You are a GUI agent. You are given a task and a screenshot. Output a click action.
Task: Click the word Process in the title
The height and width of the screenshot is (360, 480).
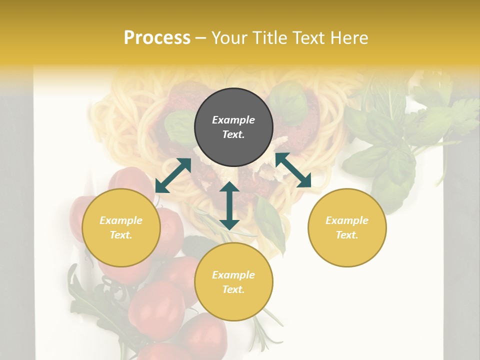[157, 38]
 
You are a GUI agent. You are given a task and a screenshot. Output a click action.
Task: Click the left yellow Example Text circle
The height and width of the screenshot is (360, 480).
[121, 227]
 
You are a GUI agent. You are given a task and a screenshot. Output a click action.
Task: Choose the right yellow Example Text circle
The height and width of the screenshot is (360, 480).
[347, 227]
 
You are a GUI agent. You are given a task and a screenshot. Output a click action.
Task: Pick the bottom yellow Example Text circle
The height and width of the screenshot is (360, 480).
[233, 282]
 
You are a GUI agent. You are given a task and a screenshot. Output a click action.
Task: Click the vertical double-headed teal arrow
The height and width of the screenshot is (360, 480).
[229, 205]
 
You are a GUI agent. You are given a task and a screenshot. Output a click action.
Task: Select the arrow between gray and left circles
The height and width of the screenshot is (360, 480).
[173, 175]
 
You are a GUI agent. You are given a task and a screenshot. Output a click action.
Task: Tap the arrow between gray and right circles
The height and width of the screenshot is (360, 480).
[293, 170]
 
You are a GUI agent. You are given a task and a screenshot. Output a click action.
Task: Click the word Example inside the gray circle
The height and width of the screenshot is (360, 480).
[233, 120]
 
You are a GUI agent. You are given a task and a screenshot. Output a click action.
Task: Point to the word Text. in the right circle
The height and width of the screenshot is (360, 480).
[347, 235]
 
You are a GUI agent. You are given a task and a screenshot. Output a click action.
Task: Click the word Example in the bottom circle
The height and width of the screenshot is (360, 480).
[233, 275]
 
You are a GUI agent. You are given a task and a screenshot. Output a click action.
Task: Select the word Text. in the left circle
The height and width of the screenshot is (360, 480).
[121, 235]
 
